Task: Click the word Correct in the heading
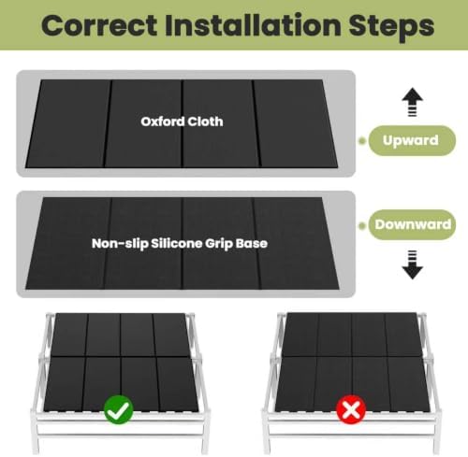(99, 25)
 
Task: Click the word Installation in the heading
(253, 25)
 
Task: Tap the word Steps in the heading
(392, 26)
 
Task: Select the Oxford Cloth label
(182, 121)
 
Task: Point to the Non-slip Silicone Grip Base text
(180, 244)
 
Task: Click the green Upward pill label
(412, 140)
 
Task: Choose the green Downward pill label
(412, 224)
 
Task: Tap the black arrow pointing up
(413, 102)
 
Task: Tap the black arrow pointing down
(413, 264)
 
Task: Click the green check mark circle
(119, 410)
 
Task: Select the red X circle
(351, 409)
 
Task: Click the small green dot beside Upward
(362, 141)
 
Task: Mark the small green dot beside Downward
(362, 225)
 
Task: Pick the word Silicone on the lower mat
(177, 243)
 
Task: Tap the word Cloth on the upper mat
(206, 121)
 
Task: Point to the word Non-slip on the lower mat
(120, 244)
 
